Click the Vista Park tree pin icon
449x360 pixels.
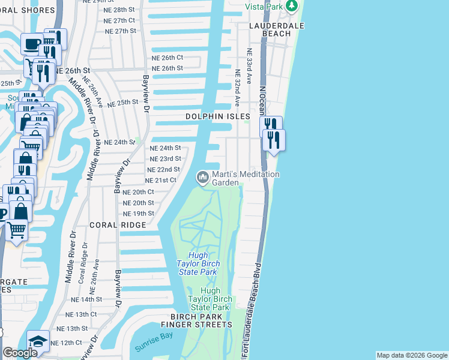pos(292,6)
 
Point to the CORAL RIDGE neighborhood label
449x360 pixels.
pos(118,224)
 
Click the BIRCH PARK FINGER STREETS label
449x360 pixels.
pos(201,320)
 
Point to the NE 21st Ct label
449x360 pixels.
pos(160,180)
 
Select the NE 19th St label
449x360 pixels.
pos(139,214)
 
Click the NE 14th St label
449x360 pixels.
pos(87,299)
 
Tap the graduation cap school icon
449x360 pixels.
pos(38,341)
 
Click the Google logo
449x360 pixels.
pos(19,353)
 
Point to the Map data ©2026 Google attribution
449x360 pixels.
pos(412,355)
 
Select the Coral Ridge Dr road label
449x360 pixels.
pos(82,263)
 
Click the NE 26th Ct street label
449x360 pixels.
pos(167,58)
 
